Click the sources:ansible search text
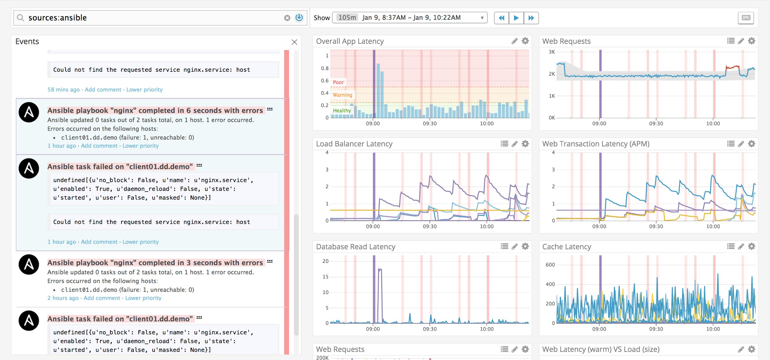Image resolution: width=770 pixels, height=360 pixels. pyautogui.click(x=57, y=18)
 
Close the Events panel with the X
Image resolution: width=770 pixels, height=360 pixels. pyautogui.click(x=294, y=42)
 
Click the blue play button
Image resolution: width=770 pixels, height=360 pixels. pyautogui.click(x=516, y=18)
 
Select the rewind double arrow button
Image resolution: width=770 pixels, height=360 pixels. pyautogui.click(x=501, y=18)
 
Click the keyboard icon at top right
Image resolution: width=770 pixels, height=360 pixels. pyautogui.click(x=746, y=18)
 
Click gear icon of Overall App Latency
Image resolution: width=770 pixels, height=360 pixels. pyautogui.click(x=525, y=41)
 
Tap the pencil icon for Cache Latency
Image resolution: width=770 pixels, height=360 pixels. pyautogui.click(x=741, y=247)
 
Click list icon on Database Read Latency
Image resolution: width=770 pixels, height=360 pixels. pyautogui.click(x=504, y=247)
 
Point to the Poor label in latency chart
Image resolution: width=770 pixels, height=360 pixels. pyautogui.click(x=338, y=82)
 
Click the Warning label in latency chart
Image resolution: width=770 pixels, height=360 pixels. pyautogui.click(x=342, y=95)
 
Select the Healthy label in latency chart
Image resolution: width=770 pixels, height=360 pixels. pyautogui.click(x=342, y=111)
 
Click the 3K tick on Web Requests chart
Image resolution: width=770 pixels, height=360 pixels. pyautogui.click(x=552, y=52)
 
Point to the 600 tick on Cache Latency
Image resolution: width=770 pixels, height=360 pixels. pyautogui.click(x=550, y=265)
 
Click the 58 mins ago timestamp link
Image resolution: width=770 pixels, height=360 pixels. pyautogui.click(x=63, y=90)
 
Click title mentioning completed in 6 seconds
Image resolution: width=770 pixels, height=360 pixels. pyautogui.click(x=155, y=111)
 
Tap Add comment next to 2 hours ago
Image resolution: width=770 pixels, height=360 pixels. pyautogui.click(x=102, y=298)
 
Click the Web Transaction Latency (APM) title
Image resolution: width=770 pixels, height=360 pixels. pyautogui.click(x=596, y=144)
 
